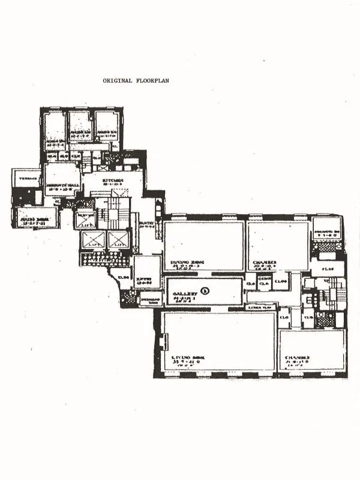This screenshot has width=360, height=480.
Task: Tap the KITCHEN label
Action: (112, 180)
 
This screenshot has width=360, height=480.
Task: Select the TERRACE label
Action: (26, 179)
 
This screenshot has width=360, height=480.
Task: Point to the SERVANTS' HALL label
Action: (62, 185)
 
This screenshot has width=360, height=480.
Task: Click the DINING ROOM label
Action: (186, 263)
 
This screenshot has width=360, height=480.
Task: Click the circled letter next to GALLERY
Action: (205, 291)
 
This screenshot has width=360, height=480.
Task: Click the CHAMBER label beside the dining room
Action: (264, 263)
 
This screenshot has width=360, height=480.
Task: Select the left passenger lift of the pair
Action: (92, 240)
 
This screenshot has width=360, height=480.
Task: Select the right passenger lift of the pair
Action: (118, 240)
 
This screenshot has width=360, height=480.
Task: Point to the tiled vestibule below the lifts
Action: (104, 259)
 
